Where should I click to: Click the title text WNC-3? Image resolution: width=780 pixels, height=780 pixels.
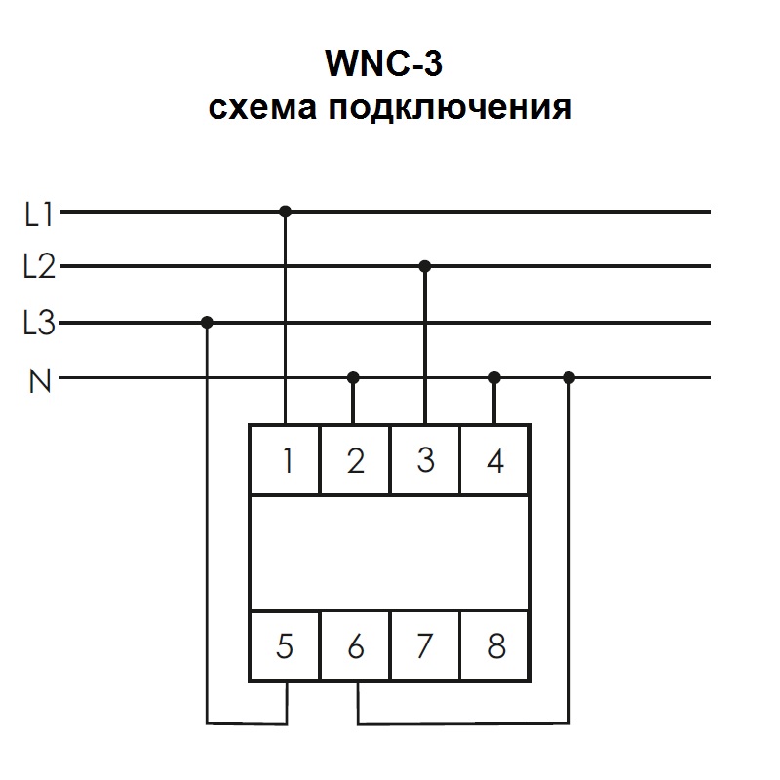389,65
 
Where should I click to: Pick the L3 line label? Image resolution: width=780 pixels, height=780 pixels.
39,324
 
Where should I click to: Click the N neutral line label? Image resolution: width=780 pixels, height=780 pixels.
40,379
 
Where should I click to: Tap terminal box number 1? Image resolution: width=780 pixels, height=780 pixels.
286,460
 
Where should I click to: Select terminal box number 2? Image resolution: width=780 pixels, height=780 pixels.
356,460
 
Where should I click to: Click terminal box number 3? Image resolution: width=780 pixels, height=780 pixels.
425,460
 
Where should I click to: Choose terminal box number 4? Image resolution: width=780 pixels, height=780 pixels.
495,460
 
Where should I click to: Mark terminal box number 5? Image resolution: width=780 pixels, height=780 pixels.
286,645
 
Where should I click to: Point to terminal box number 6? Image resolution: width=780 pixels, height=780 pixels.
356,645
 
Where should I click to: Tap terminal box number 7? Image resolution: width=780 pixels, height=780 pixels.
425,645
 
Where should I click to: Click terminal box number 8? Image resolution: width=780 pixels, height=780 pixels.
495,645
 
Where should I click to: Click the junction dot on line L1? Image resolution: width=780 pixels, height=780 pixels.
286,211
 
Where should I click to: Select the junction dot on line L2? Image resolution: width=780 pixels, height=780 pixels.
425,266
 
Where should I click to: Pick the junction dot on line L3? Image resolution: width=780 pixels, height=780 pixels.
207,322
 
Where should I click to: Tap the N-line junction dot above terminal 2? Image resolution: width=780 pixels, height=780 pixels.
355,377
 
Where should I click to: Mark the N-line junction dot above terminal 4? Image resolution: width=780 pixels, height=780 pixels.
495,377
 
